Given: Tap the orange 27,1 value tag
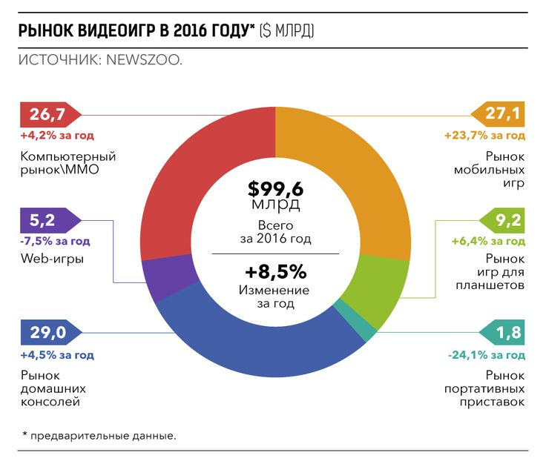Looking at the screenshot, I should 499,116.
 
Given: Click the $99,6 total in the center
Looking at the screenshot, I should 275,190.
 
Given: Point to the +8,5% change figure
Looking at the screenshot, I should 275,270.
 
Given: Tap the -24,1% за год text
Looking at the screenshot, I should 487,355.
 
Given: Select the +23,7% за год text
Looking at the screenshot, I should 485,136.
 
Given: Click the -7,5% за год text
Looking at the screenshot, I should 56,241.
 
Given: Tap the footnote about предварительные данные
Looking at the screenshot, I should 100,435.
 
